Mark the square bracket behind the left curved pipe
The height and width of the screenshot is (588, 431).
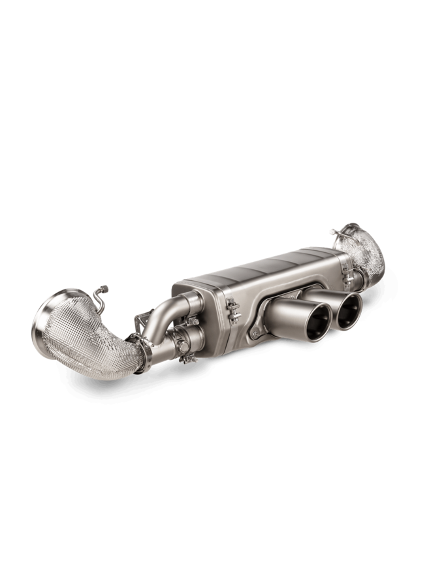click(140, 321)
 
